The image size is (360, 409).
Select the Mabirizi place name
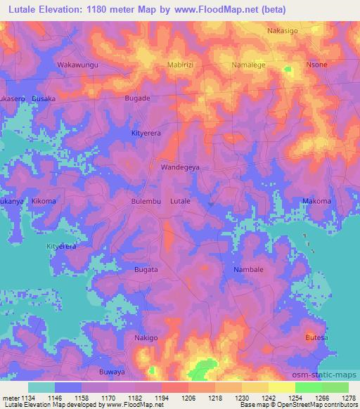(x=181, y=65)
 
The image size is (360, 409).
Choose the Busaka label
(x=44, y=99)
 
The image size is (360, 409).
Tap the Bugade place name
(x=137, y=98)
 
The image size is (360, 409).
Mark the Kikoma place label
(x=44, y=202)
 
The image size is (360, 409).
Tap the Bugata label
(x=146, y=269)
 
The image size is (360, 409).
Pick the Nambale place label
(x=248, y=269)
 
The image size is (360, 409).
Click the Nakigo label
(x=146, y=338)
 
